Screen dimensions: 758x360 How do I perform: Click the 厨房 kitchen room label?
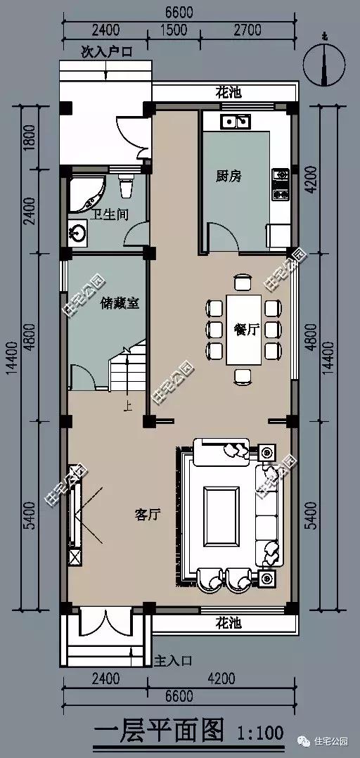coord(229,176)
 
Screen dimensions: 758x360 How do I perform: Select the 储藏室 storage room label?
coord(120,303)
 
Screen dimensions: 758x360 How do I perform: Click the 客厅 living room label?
coord(147,515)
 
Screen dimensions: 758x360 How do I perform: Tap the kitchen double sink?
coord(236,122)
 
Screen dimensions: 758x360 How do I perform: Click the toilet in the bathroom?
coord(127,186)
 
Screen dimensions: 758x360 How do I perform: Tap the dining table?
coord(243,329)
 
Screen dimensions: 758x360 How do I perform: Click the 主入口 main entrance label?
coord(172,661)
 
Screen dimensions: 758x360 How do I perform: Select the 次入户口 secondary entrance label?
coord(106,51)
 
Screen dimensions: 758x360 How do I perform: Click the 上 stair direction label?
coord(127,406)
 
